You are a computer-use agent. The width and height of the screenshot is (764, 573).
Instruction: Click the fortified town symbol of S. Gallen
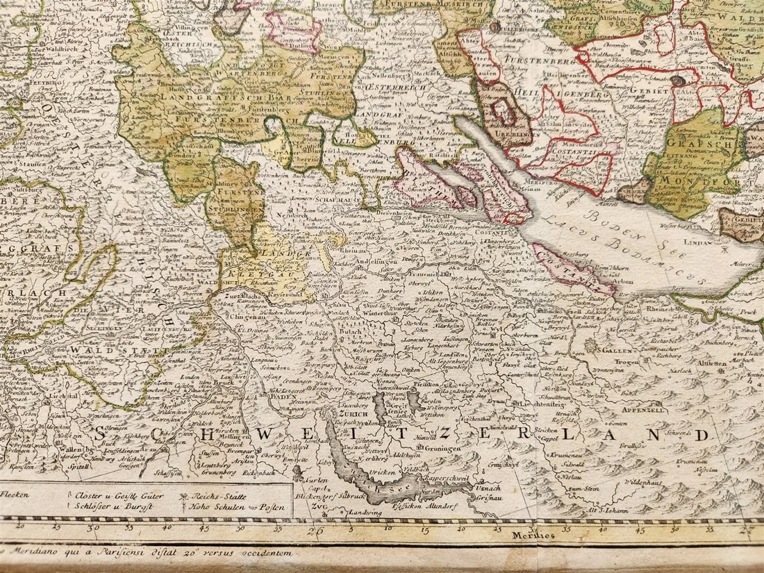591,346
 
